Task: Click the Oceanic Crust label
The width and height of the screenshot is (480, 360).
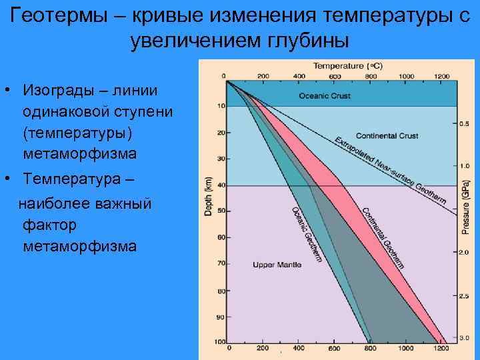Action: (324, 96)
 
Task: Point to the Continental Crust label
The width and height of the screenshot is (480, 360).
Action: (387, 135)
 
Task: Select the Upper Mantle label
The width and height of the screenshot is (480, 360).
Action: (277, 265)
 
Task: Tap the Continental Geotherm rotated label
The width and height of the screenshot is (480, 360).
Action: (383, 237)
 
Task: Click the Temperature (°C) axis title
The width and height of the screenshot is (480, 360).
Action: (347, 66)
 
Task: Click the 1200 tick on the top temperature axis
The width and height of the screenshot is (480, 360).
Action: (441, 75)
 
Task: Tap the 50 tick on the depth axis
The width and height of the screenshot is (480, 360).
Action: (221, 211)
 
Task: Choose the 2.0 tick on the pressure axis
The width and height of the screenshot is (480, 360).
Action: (464, 252)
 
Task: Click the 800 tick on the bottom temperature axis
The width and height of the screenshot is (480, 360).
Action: (370, 349)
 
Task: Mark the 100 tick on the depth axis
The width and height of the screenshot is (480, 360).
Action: (219, 342)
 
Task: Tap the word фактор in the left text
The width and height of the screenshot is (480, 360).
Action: (49, 225)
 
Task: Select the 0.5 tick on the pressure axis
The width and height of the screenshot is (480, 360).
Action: (464, 124)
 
